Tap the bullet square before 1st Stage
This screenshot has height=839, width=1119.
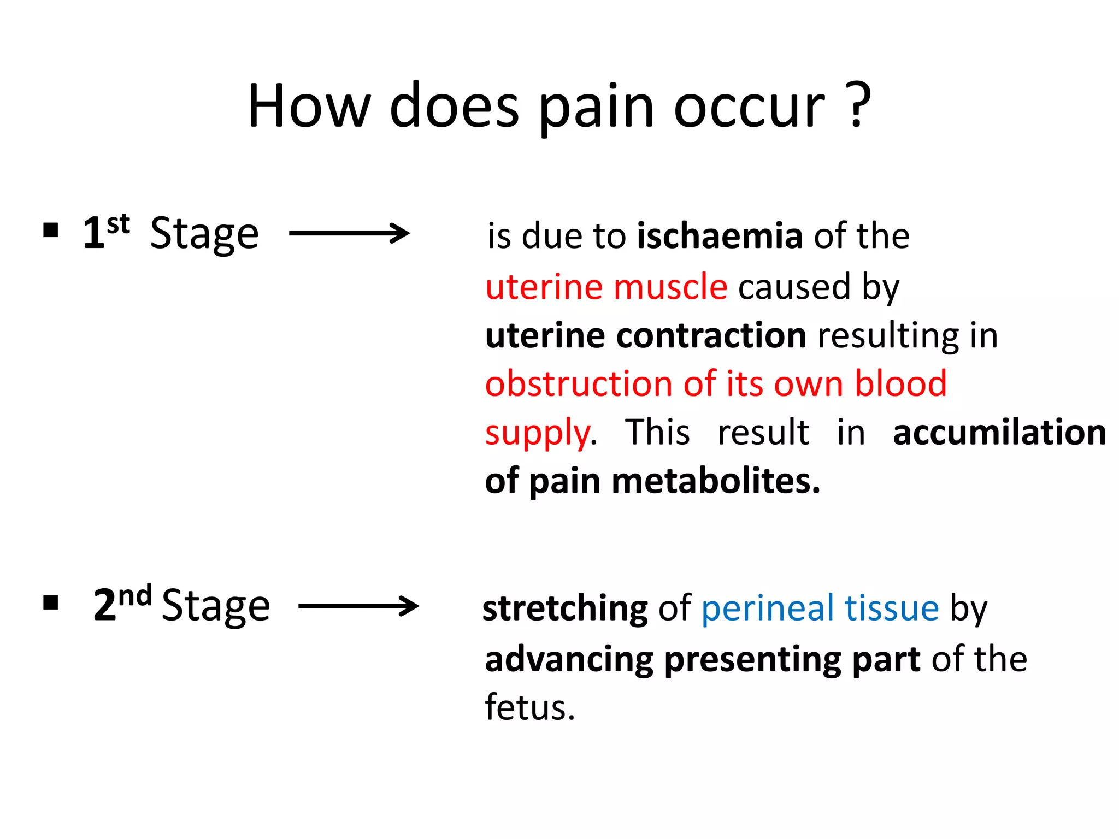pyautogui.click(x=51, y=231)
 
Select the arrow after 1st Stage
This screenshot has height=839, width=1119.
pyautogui.click(x=349, y=233)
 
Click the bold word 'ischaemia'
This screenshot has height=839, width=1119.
pyautogui.click(x=720, y=236)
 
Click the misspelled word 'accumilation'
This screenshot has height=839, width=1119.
pyautogui.click(x=999, y=433)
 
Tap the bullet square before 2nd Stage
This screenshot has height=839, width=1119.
pyautogui.click(x=51, y=603)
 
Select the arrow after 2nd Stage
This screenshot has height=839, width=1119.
pyautogui.click(x=359, y=606)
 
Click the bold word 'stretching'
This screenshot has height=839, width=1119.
pyautogui.click(x=565, y=608)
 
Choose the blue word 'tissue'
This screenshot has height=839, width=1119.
pyautogui.click(x=892, y=608)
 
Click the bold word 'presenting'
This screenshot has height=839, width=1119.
pyautogui.click(x=752, y=660)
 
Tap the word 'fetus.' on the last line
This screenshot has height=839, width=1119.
pyautogui.click(x=529, y=707)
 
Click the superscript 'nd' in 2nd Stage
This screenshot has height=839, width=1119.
pyautogui.click(x=135, y=596)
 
